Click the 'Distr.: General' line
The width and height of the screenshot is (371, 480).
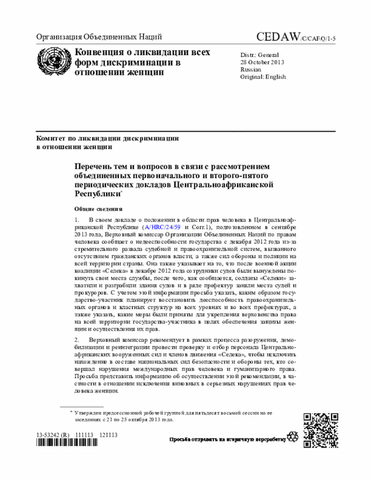click(260, 54)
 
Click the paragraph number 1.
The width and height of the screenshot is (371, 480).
click(77, 220)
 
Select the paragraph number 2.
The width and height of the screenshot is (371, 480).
click(77, 337)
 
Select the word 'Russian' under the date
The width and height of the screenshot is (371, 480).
click(251, 69)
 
